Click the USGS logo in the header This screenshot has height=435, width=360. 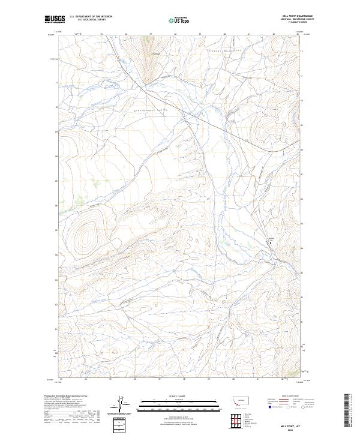[x=55, y=19]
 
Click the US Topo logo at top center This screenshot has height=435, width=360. [x=180, y=20]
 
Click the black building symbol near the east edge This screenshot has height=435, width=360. [x=269, y=243]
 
